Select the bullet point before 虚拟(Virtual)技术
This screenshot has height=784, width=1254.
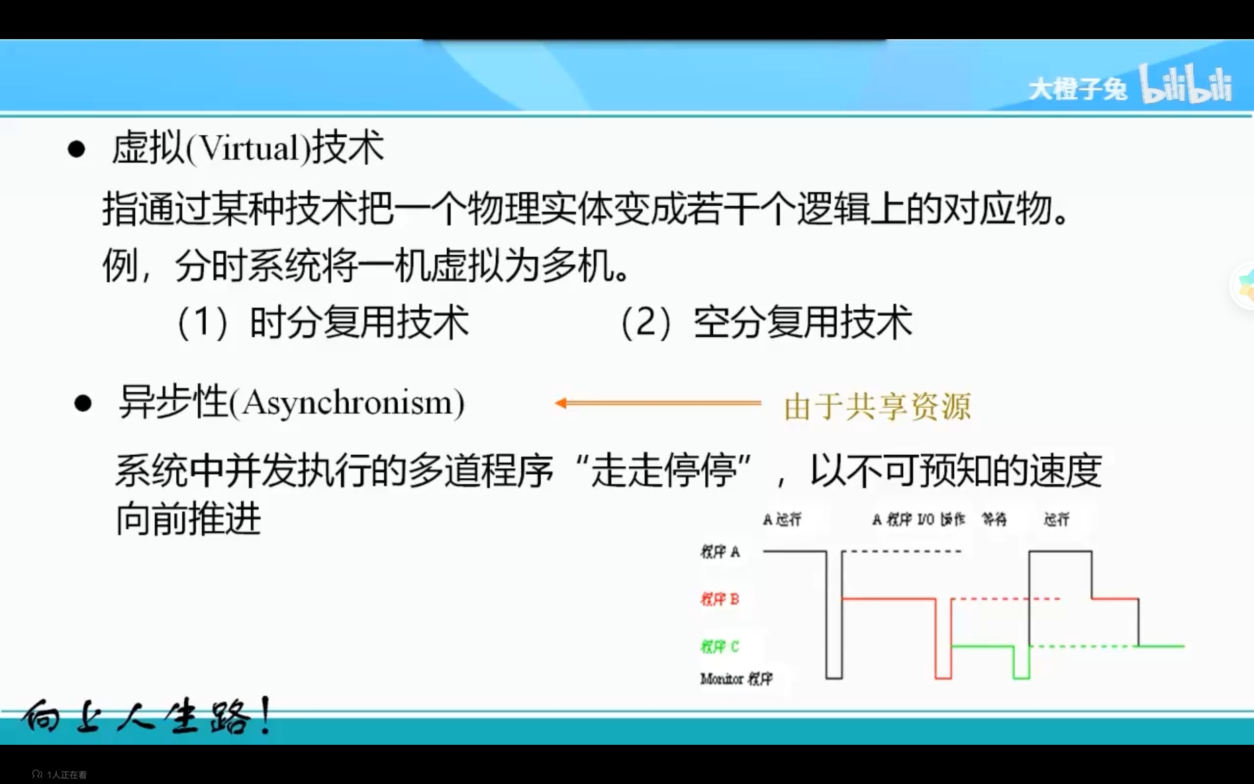pos(76,149)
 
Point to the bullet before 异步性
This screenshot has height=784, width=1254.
pos(83,403)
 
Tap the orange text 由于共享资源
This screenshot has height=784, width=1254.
pos(877,406)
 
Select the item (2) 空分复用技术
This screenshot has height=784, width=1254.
pos(766,322)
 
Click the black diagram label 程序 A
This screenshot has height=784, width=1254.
pos(720,552)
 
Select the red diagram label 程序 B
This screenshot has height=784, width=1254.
pos(720,599)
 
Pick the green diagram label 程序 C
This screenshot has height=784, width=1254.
pos(720,647)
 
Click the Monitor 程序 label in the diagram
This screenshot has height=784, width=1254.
pos(736,679)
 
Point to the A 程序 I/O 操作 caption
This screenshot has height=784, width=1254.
pos(918,519)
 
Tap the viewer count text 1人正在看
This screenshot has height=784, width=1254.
pos(66,775)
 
